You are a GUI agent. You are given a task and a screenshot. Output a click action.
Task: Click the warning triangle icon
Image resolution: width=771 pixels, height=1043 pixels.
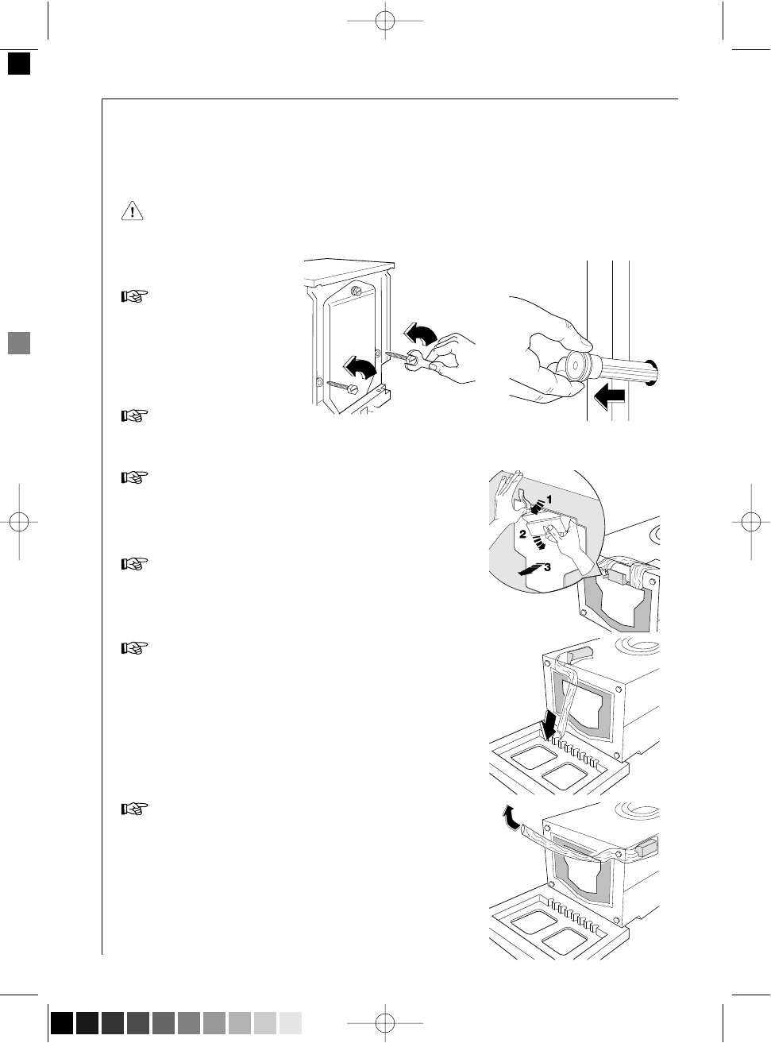point(132,211)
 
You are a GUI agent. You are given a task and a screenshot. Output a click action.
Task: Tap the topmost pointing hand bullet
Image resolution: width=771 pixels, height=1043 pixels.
point(134,296)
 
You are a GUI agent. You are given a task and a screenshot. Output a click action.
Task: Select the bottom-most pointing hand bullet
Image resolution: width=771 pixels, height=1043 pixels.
point(134,809)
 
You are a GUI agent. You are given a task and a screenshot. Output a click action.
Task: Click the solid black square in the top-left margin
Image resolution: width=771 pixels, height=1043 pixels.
point(19,64)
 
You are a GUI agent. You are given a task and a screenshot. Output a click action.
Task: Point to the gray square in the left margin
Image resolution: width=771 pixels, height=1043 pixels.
point(19,343)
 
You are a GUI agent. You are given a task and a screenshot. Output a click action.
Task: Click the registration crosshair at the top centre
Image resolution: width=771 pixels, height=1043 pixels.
point(385,21)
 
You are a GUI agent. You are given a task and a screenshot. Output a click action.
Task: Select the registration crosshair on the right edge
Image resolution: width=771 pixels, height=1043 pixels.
point(751,522)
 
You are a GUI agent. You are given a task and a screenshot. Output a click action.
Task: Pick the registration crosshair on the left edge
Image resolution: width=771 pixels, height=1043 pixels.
point(19,522)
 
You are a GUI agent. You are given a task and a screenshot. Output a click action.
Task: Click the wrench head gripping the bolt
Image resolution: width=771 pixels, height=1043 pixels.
point(414,360)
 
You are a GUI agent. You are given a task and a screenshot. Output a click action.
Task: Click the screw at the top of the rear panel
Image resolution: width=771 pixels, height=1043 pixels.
point(357,290)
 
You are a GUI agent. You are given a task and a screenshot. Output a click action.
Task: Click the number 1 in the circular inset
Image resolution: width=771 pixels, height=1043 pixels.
point(549,499)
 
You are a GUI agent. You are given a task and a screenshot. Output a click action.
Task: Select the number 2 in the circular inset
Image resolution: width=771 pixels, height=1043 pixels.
point(522,534)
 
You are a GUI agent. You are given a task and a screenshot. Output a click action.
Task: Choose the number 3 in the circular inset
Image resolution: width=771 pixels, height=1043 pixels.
point(547,567)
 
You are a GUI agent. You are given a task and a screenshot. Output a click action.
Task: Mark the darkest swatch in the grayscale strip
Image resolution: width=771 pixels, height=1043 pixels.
point(62,1023)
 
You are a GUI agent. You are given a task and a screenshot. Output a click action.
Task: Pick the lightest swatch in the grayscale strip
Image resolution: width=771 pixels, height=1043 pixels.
point(290,1023)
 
